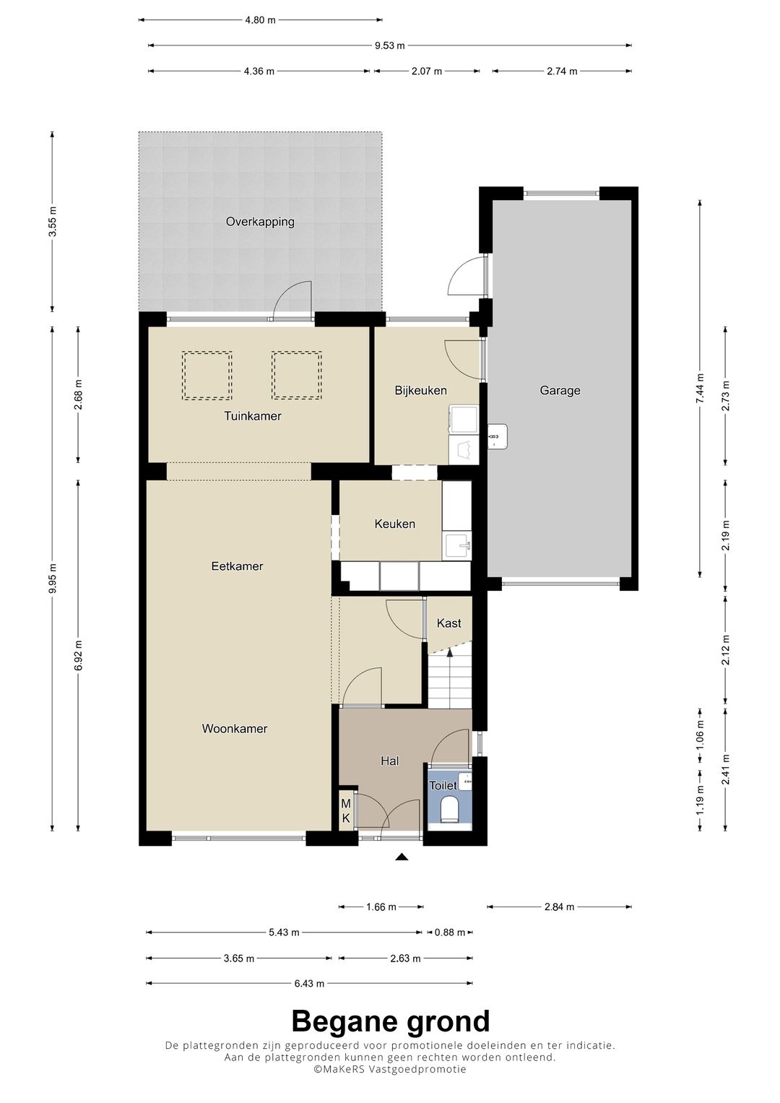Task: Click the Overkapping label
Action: coord(260,222)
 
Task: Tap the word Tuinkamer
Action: coord(253,416)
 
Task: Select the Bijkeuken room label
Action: coord(420,391)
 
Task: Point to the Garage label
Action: coord(560,391)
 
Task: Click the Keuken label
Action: coord(394,524)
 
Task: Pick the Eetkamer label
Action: coord(237,566)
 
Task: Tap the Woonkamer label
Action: coord(235,729)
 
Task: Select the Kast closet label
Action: coord(448,623)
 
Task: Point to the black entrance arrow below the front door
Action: coord(402,857)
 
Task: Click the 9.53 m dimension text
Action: coord(389,46)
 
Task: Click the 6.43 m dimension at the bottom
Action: coord(309,983)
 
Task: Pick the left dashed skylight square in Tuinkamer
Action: coord(207,375)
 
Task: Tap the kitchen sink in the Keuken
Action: coord(457,546)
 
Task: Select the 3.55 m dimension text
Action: coord(53,222)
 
